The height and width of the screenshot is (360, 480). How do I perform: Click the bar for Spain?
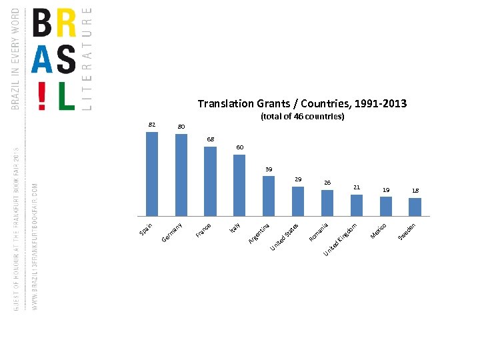click(x=152, y=174)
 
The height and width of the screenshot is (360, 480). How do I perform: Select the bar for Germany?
click(x=181, y=175)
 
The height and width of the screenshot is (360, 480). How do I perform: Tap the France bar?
click(x=210, y=181)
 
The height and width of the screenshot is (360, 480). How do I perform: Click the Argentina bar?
click(x=269, y=196)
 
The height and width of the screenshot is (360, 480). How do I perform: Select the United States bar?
click(x=298, y=201)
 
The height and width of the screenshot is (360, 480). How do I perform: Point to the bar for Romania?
click(x=327, y=203)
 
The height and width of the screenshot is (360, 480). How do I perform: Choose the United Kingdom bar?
click(x=357, y=205)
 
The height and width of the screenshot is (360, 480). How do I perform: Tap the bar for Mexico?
click(x=385, y=207)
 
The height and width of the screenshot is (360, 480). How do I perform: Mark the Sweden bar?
click(x=415, y=207)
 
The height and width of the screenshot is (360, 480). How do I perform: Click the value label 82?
click(x=152, y=125)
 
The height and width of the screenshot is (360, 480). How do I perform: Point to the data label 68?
click(x=210, y=139)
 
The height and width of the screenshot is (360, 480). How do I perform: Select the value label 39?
click(x=269, y=169)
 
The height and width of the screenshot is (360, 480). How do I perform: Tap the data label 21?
click(x=357, y=187)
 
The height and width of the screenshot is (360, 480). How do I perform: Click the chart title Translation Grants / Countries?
click(x=302, y=104)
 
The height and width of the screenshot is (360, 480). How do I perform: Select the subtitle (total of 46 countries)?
click(x=302, y=117)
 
